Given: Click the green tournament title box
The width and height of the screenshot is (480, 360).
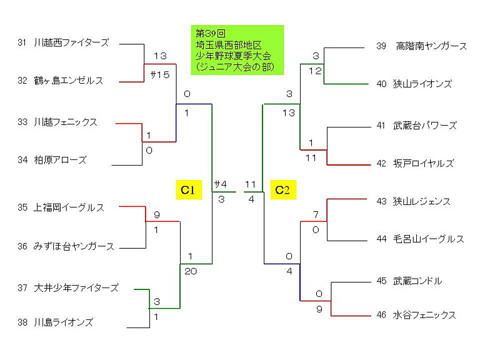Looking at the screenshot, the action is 237,50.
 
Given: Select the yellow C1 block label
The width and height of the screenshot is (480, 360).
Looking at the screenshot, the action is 189,190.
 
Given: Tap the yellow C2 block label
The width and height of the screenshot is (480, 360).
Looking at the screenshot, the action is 283,190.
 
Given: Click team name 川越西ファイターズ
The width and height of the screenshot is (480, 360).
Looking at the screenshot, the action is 72,42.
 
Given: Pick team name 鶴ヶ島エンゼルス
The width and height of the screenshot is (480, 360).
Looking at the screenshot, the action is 69,81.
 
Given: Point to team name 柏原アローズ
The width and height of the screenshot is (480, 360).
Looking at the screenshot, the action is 60,160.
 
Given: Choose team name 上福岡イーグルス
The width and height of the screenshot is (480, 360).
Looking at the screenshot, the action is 69,207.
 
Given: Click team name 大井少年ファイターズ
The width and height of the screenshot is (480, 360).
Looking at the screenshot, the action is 76,287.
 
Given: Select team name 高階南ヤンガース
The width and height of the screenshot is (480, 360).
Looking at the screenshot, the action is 431,46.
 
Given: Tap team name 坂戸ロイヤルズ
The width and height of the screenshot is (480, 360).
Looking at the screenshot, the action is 423,164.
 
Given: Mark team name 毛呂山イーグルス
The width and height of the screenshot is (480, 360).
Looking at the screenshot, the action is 429,239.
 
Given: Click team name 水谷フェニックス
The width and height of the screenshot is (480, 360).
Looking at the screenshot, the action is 424,315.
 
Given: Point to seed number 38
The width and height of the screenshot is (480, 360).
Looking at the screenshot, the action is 22,322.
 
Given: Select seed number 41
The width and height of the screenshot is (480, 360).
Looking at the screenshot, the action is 381,126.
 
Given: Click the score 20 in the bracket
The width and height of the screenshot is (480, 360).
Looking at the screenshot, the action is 191,271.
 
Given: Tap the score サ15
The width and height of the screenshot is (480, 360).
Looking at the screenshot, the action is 160,75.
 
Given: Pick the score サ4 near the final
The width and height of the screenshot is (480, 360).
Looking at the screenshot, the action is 221,184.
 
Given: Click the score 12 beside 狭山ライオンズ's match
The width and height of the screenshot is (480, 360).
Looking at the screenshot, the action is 315,71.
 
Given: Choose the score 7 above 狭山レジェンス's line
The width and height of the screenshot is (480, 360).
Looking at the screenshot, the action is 316,215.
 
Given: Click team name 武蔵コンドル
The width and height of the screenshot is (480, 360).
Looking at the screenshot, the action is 417,281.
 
